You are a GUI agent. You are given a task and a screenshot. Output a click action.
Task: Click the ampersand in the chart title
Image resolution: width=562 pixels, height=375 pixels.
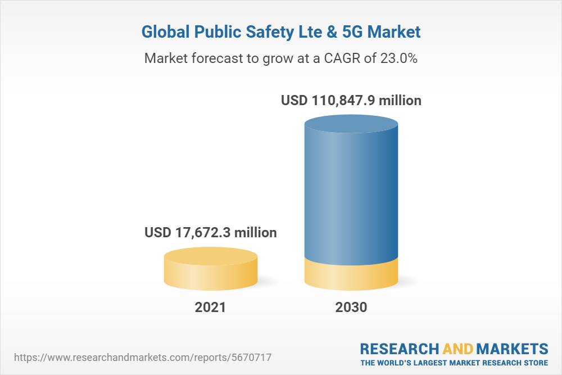coord(332,32)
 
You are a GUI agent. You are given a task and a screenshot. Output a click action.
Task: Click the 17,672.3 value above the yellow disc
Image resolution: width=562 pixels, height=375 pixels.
coord(211,232)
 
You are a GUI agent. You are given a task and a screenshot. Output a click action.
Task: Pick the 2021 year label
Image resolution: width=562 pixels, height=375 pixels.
coord(210,308)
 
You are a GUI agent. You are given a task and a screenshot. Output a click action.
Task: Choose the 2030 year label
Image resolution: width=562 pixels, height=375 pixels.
coord(351,308)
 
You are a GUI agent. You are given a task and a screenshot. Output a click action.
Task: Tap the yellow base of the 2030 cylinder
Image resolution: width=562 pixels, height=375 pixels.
coord(351,275)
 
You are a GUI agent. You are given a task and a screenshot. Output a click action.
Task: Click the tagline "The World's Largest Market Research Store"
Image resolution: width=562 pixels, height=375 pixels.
coord(454,363)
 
